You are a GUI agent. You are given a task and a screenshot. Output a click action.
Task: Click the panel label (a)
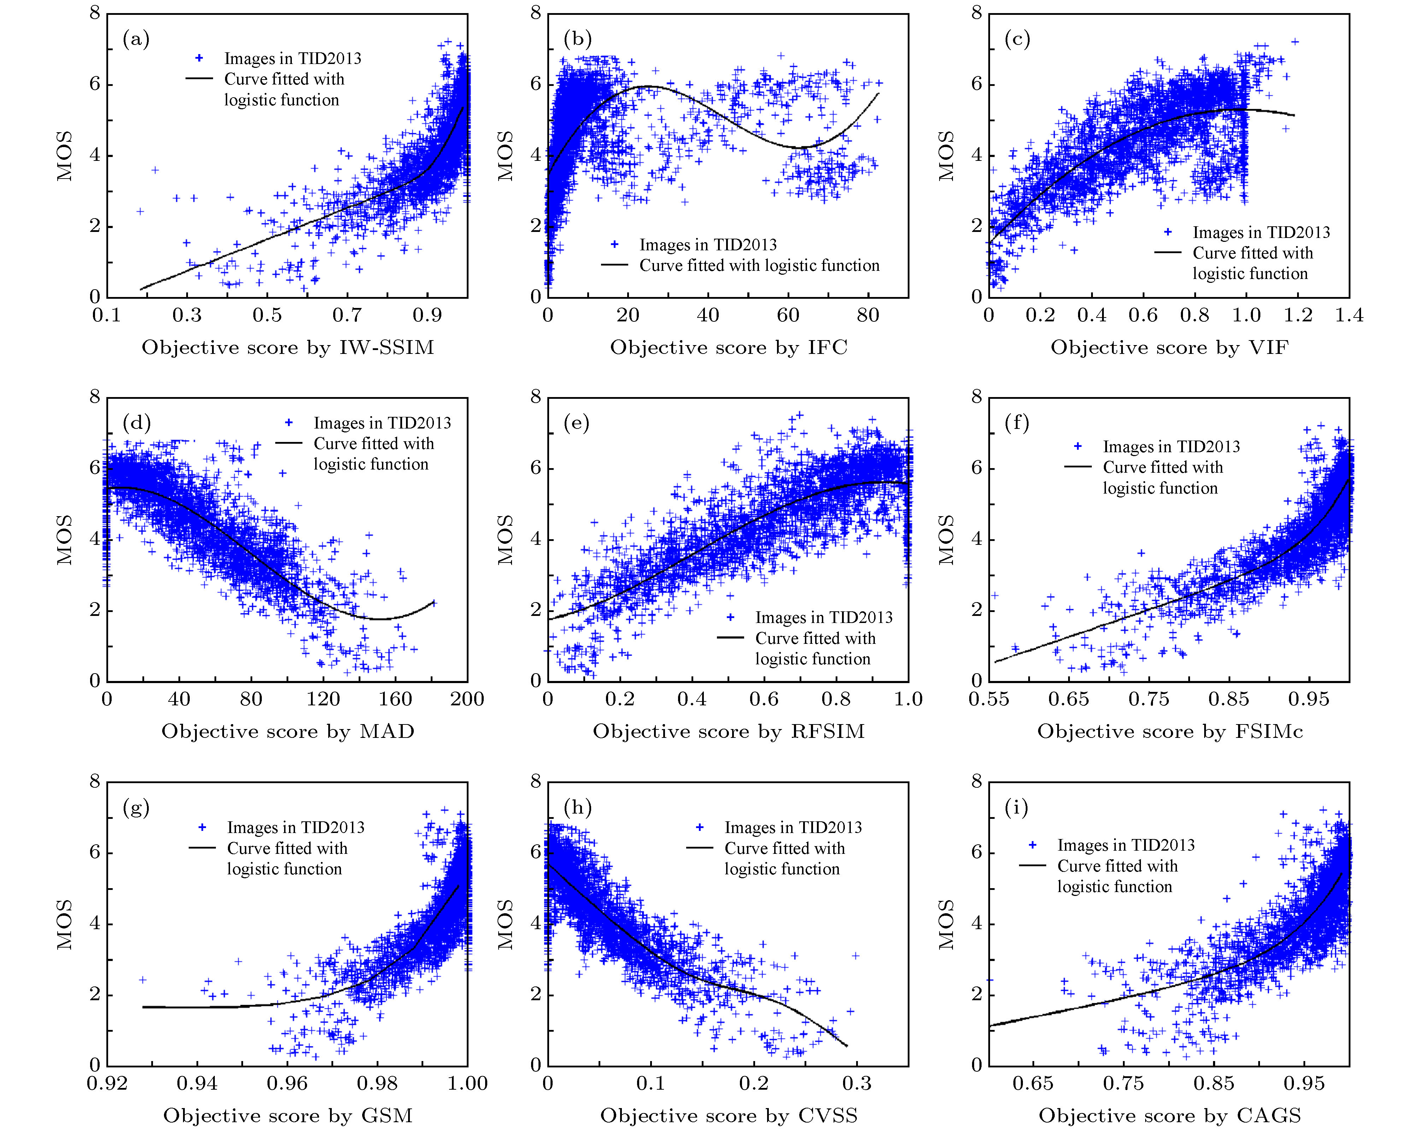pos(136,40)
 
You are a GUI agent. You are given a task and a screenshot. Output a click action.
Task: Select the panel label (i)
pos(1017,808)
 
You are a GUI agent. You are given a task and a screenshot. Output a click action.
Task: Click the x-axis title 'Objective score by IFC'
pos(729,347)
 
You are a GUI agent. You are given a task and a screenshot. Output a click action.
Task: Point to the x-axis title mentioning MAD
pos(288,731)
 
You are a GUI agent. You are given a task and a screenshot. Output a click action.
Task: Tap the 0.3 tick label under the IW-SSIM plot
pos(187,315)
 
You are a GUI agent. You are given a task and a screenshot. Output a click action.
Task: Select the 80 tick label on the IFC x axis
pos(868,315)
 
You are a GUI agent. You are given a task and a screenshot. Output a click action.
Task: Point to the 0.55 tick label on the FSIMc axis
pos(989,699)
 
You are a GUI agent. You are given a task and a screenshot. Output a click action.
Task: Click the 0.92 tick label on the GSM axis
pos(107,1083)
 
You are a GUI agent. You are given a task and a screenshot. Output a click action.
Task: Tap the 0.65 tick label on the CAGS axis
pos(1033,1083)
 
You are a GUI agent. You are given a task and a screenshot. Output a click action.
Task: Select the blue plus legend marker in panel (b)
pos(614,244)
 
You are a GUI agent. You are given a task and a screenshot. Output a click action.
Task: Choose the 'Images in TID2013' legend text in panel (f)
pos(1172,447)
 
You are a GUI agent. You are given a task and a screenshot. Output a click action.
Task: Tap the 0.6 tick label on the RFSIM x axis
pos(764,699)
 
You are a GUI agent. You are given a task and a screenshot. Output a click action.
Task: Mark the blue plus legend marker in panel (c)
pos(1168,232)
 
